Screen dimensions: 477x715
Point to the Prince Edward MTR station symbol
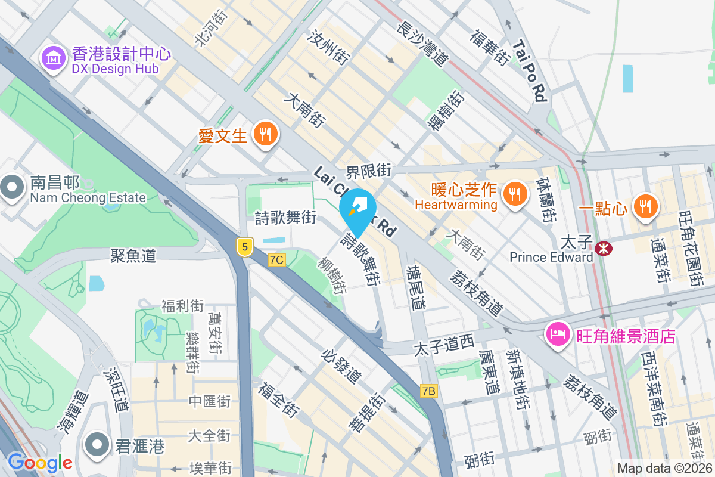(x=604, y=249)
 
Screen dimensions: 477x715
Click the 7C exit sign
(x=277, y=259)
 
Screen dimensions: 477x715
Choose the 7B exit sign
(x=429, y=391)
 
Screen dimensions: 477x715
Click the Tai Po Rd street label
(x=529, y=70)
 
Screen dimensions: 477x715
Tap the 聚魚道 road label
(x=133, y=256)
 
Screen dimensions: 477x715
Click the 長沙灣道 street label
(x=421, y=42)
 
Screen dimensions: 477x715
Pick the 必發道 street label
(x=341, y=366)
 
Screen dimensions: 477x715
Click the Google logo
(x=39, y=462)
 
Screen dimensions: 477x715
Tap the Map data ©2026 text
(x=663, y=469)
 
